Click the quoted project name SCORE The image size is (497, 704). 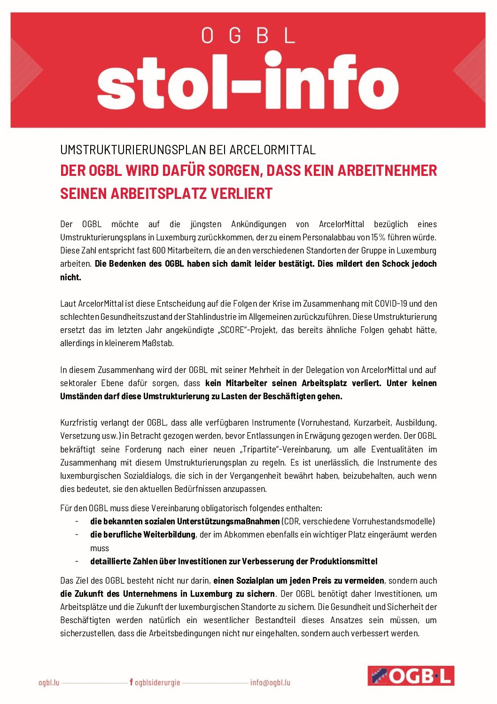click(x=233, y=330)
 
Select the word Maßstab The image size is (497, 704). click(x=158, y=343)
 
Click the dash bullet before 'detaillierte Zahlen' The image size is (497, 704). click(x=77, y=561)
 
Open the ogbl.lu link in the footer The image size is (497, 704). click(x=49, y=682)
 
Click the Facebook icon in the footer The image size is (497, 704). click(x=131, y=682)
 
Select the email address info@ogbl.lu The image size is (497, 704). click(x=270, y=682)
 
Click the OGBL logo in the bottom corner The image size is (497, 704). click(x=411, y=676)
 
